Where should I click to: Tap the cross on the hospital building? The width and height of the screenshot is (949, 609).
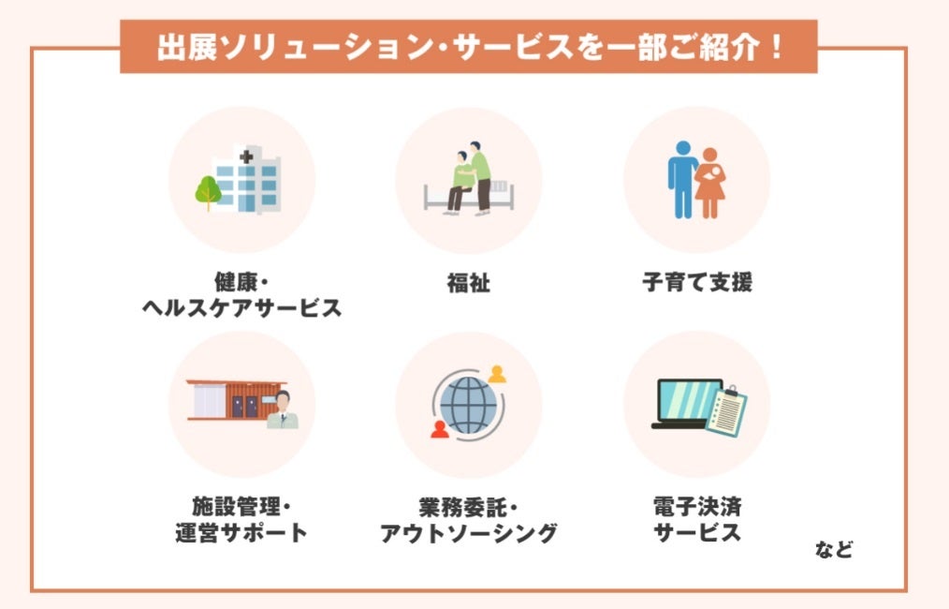click(246, 157)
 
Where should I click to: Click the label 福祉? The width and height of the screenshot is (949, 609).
click(468, 282)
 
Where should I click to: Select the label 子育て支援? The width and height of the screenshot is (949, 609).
click(697, 282)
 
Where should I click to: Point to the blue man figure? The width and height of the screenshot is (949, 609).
click(682, 178)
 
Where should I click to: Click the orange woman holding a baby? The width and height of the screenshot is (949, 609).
click(710, 183)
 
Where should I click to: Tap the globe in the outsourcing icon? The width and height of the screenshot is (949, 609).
click(466, 406)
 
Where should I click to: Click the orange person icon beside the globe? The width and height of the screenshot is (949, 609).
click(497, 374)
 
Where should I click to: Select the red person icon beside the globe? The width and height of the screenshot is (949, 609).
click(438, 430)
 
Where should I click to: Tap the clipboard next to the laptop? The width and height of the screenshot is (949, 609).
click(725, 412)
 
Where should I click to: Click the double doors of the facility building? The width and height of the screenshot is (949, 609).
click(243, 406)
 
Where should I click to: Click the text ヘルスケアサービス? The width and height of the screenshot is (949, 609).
click(241, 308)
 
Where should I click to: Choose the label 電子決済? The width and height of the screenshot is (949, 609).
click(697, 508)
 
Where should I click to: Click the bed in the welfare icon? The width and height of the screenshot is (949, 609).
click(468, 194)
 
